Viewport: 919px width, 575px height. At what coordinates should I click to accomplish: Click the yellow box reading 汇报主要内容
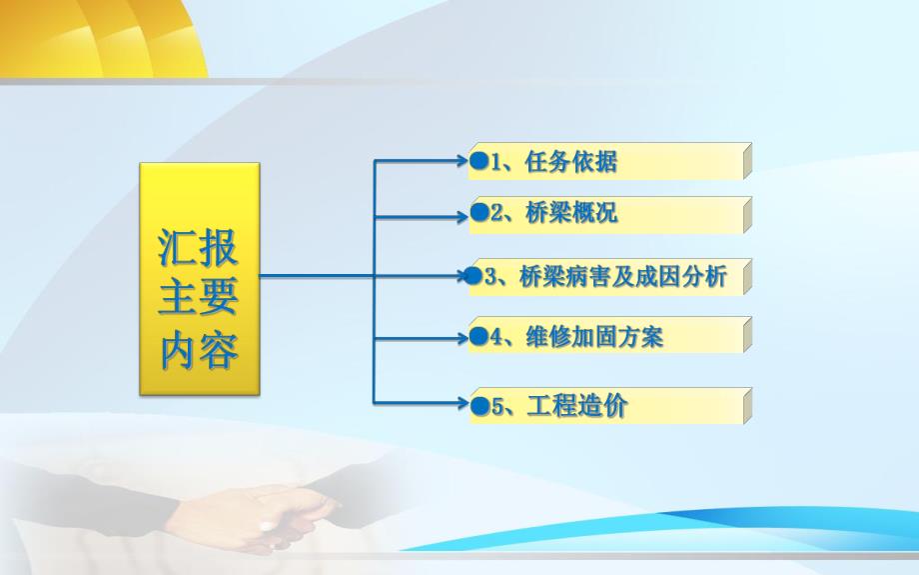[x=199, y=280]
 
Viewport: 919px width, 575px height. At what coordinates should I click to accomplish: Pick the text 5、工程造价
[x=559, y=406]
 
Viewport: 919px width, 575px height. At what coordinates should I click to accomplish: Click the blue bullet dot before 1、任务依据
[x=478, y=160]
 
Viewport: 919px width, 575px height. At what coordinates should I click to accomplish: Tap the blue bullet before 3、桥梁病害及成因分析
[x=473, y=277]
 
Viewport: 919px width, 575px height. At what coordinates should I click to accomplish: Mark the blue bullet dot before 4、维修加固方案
[x=478, y=337]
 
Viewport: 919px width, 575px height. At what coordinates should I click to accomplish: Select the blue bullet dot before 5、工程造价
[x=478, y=406]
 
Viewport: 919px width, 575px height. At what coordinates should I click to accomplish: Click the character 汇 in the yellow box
[x=178, y=247]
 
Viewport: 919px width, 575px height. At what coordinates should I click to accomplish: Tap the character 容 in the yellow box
[x=219, y=351]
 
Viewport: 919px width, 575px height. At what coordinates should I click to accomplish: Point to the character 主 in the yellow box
[x=178, y=299]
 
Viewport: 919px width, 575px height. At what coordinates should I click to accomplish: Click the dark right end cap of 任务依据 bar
[x=747, y=160]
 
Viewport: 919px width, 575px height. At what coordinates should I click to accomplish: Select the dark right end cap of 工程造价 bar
[x=747, y=405]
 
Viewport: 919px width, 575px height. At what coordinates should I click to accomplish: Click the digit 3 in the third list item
[x=491, y=278]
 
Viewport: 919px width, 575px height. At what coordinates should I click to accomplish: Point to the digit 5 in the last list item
[x=495, y=406]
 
